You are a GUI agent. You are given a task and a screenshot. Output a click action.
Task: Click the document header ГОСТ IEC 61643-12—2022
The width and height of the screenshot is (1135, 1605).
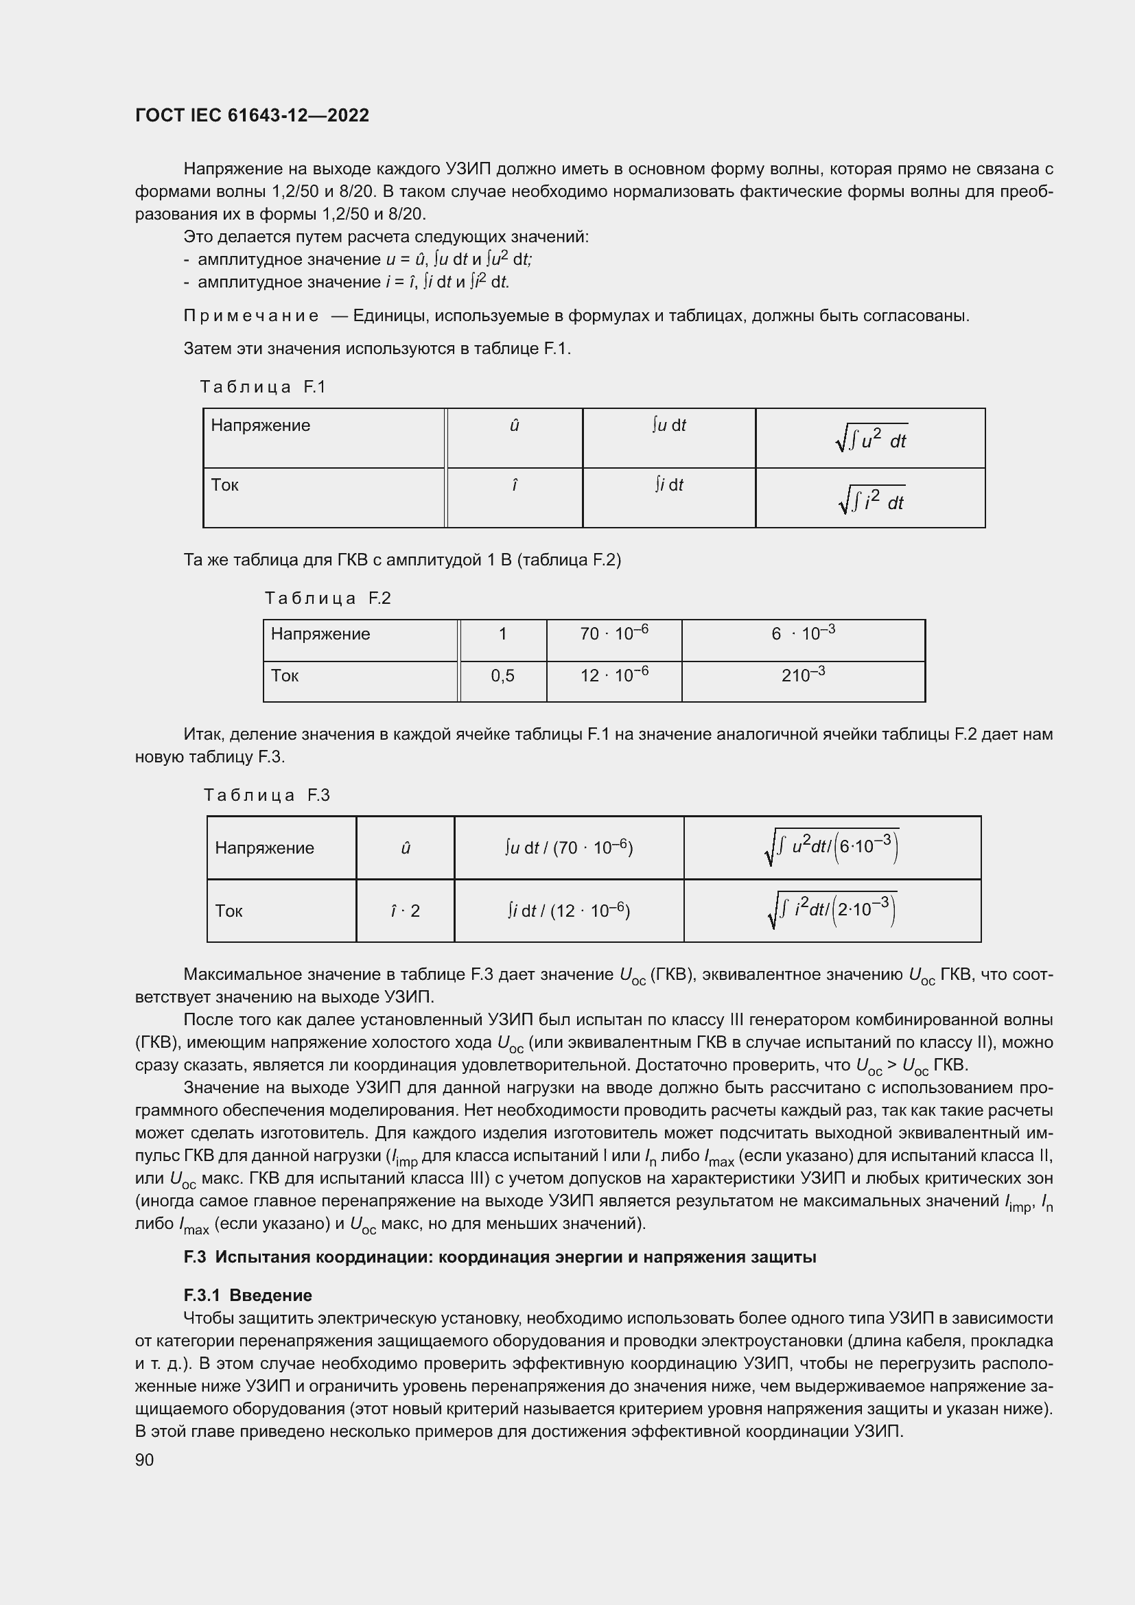coord(252,115)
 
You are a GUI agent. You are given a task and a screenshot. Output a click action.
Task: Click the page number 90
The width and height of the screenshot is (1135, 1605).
coord(145,1460)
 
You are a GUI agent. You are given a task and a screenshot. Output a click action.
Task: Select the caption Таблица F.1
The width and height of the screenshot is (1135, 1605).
coord(263,386)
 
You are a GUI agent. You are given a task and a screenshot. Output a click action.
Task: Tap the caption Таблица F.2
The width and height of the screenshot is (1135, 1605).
coord(327,598)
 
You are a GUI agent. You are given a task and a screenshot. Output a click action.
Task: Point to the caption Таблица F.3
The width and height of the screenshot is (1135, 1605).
coord(266,795)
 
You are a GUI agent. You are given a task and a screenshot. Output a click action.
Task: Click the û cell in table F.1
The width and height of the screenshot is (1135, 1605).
coord(515,425)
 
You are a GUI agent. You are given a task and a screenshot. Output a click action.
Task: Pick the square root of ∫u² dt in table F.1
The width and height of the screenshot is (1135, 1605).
coord(871,439)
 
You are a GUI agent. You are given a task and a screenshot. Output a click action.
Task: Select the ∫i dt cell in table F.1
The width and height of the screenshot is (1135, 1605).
coord(669,484)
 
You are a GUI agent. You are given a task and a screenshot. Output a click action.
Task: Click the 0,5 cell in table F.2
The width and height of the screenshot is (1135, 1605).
coord(502,675)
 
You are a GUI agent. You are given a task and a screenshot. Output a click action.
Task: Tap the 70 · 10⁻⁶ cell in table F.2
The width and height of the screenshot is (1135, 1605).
coord(613,633)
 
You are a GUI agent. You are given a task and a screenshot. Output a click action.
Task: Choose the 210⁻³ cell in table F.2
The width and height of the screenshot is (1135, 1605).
coord(803,675)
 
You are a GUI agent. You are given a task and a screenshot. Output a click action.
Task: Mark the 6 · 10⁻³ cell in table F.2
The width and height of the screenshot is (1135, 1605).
coord(803,633)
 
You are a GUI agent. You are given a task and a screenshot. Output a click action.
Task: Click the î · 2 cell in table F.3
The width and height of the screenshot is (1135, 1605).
coord(406,911)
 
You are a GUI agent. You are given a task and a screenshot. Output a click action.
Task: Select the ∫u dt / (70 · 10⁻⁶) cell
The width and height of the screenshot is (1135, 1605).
coord(568,848)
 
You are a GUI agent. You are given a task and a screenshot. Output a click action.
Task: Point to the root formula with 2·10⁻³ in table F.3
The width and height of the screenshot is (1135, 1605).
coord(832,910)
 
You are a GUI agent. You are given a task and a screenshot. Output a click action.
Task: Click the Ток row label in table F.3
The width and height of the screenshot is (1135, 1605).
coord(229,911)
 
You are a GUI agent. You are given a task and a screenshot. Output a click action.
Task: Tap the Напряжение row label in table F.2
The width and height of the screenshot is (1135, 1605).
coord(320,634)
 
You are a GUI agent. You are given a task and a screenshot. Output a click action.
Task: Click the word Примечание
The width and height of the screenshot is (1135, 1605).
coord(251,316)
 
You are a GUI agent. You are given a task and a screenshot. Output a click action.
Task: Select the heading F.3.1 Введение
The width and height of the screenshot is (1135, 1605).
coord(248,1296)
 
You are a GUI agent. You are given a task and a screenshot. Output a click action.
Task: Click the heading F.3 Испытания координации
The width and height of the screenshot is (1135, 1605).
coord(499,1257)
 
